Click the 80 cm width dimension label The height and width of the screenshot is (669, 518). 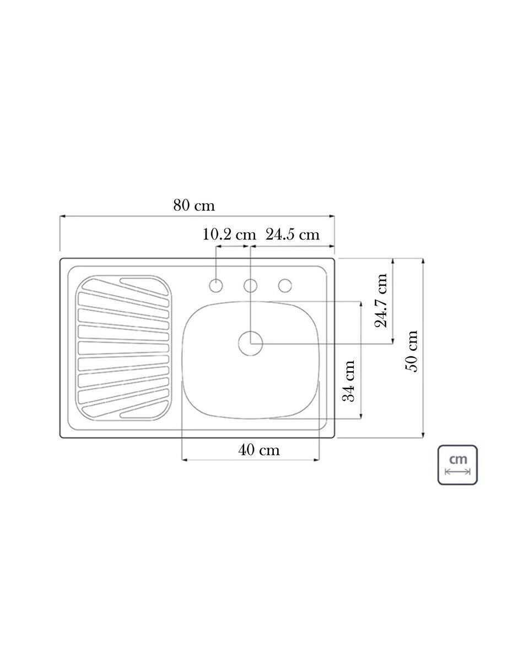point(194,205)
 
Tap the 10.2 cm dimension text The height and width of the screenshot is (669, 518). point(229,235)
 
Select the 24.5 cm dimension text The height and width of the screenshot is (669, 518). point(292,235)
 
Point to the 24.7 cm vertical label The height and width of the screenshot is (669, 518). point(381,301)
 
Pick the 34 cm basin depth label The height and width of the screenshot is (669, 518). point(349,381)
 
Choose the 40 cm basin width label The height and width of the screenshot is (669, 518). point(258,450)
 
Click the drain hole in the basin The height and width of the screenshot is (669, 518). point(250,343)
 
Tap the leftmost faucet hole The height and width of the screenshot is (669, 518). point(216,286)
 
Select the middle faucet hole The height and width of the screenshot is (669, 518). point(250,286)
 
